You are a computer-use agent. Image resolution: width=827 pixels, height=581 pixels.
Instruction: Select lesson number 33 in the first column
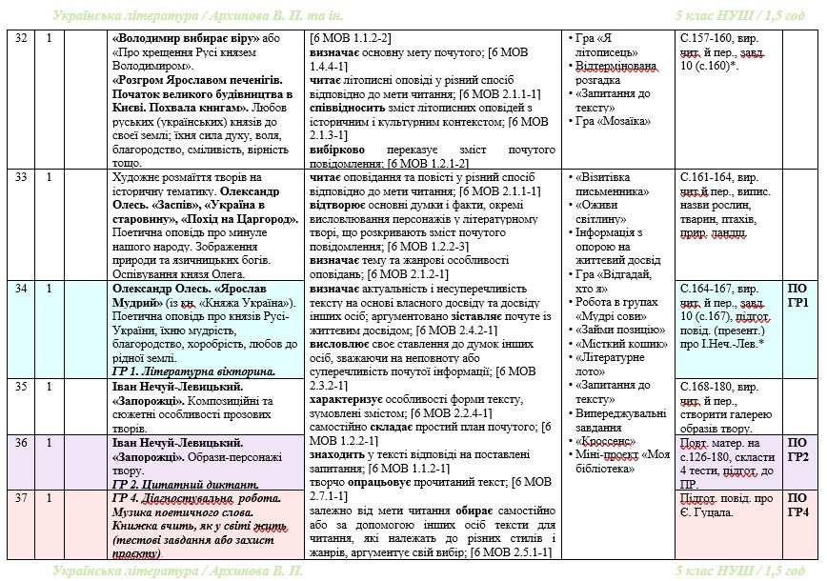tap(19, 176)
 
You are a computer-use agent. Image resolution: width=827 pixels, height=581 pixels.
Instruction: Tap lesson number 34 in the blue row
tap(19, 288)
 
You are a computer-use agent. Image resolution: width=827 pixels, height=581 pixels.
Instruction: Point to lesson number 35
tap(19, 386)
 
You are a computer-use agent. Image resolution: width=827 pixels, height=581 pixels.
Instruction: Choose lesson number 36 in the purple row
tap(19, 443)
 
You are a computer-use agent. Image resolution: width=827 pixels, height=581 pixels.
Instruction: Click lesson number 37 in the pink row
tap(19, 498)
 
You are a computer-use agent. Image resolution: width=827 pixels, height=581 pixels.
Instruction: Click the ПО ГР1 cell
tap(798, 295)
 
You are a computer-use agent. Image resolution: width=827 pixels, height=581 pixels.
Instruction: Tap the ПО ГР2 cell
tap(798, 450)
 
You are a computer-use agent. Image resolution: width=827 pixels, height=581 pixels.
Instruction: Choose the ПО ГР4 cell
tap(798, 505)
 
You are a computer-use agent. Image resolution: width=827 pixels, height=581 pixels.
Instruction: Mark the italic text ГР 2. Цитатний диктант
tap(187, 484)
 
